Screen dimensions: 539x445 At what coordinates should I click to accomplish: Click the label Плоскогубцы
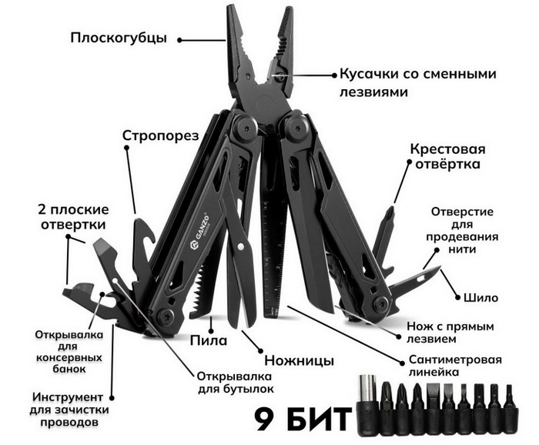[119, 38]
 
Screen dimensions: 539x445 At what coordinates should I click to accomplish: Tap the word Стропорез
[160, 136]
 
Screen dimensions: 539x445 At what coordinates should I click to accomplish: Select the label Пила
[209, 340]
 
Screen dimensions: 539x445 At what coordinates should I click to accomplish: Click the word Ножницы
[299, 360]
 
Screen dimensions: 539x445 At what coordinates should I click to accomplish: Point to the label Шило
[481, 298]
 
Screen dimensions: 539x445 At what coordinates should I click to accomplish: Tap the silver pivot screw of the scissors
[240, 246]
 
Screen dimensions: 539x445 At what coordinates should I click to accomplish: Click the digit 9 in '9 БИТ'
[266, 419]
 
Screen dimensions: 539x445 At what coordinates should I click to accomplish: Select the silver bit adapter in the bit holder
[367, 392]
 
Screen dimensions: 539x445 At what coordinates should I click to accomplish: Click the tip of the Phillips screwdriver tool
[390, 208]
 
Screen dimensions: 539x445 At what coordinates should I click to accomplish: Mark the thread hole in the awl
[421, 277]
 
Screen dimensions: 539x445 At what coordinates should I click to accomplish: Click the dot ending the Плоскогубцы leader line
[179, 40]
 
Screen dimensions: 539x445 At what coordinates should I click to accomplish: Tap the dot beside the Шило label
[457, 298]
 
